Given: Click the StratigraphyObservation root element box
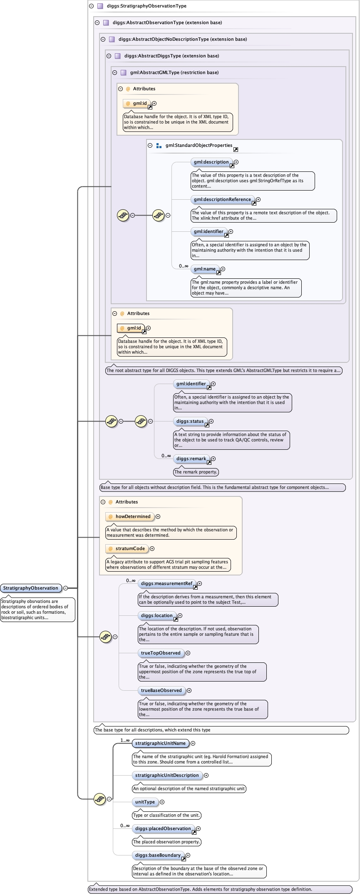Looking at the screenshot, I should tap(31, 588).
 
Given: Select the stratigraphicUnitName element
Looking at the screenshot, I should tap(160, 743).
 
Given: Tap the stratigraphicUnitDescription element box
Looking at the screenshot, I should tap(167, 775).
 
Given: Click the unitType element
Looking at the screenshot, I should tap(145, 802).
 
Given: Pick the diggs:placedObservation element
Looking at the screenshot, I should tap(163, 828).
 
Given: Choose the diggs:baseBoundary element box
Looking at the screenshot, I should tap(158, 855).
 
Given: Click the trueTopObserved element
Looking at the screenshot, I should tap(161, 653).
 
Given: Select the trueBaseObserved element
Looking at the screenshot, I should tap(161, 690).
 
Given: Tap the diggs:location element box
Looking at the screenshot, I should tap(156, 615).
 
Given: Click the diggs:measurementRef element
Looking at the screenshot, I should tap(166, 583).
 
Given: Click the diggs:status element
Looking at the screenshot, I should tap(190, 421).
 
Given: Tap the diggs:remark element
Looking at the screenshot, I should tap(191, 459).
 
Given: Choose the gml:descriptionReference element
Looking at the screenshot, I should tap(222, 199).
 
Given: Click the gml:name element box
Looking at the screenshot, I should tap(204, 269).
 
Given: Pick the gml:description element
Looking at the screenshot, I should tap(211, 162).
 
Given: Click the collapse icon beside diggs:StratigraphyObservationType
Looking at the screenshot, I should tap(91, 6).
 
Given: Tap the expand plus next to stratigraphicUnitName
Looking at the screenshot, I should tap(193, 743).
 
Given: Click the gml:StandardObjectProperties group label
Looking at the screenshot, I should tap(199, 146).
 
